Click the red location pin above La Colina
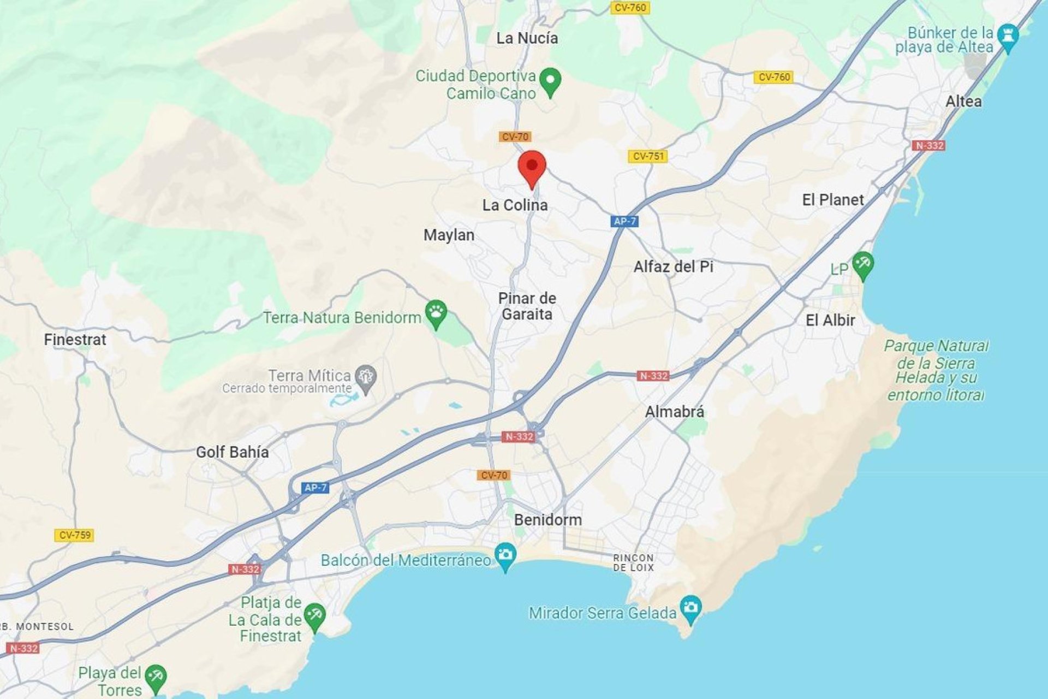(532, 167)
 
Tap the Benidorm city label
(547, 520)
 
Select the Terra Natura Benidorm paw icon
(436, 313)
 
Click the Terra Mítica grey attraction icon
(365, 378)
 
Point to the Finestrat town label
(75, 340)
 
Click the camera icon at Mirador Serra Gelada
(691, 608)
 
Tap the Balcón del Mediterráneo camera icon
(505, 556)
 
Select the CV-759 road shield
(74, 535)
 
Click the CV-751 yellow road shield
(648, 156)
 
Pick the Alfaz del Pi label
(673, 267)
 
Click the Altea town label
(963, 102)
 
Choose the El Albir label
(830, 321)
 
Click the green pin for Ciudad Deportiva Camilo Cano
(550, 81)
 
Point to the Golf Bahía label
(232, 452)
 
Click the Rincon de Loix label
(633, 562)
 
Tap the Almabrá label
(674, 412)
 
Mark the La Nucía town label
(527, 38)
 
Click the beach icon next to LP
(863, 265)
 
